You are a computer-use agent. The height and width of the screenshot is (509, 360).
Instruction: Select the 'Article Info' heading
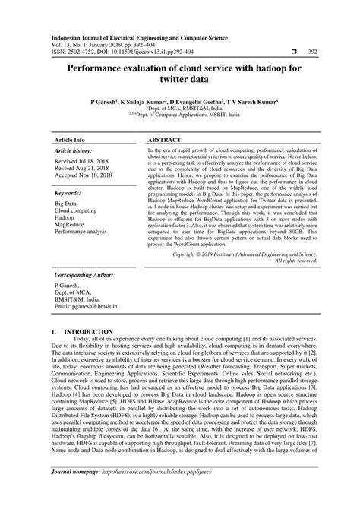(x=70, y=120)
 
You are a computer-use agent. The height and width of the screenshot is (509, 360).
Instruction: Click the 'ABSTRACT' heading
(x=164, y=120)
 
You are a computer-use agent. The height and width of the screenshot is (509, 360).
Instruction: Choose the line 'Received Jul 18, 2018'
(x=81, y=142)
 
